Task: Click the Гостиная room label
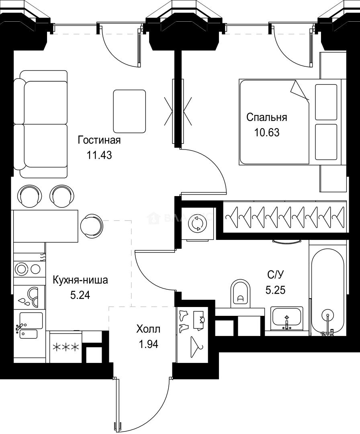tap(99, 140)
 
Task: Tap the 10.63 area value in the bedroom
tap(266, 132)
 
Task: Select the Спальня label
tap(266, 117)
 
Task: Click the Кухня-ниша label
tap(80, 280)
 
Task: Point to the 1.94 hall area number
tap(148, 344)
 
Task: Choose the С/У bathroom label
tap(276, 275)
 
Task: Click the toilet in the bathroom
tap(240, 292)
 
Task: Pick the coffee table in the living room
tap(129, 111)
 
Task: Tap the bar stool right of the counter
tap(92, 225)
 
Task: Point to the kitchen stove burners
tap(27, 268)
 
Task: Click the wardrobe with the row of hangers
tap(284, 218)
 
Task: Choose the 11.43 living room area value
tap(99, 155)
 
